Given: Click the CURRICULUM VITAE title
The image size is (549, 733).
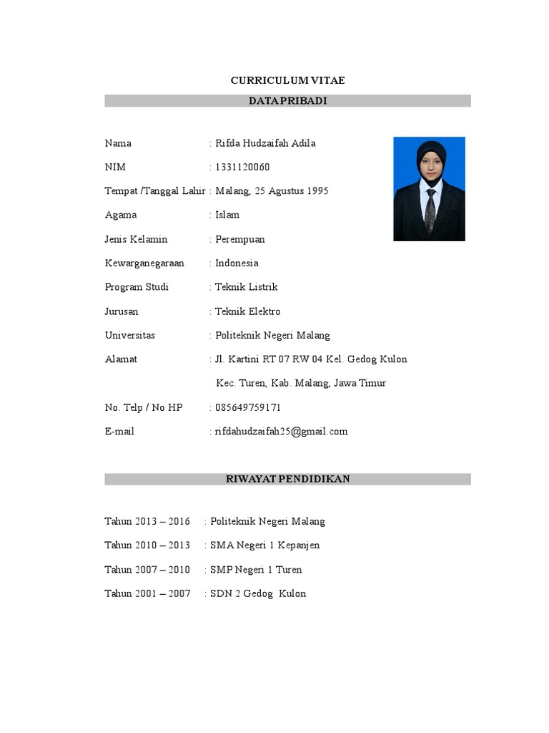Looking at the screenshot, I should click(x=287, y=80).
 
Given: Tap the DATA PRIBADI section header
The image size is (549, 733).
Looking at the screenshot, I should click(x=287, y=101).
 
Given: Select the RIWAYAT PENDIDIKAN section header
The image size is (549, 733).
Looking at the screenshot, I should click(x=287, y=479).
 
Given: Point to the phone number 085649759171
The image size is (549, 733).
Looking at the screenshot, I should click(x=248, y=407).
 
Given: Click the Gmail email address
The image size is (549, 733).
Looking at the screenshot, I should click(x=281, y=431).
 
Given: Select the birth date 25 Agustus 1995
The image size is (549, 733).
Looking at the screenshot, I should click(x=290, y=191).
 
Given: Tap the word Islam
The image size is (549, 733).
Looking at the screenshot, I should click(x=227, y=215).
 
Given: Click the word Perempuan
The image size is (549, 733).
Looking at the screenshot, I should click(x=240, y=239).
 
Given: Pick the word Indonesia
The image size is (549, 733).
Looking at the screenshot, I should click(x=237, y=263).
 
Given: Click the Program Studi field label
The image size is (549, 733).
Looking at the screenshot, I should click(x=137, y=287).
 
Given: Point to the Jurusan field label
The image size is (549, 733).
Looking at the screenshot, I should click(x=122, y=311).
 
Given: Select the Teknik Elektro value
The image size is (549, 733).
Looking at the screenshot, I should click(x=248, y=311).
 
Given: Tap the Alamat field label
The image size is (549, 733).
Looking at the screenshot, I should click(x=121, y=359).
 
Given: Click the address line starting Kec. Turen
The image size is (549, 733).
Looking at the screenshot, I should click(x=301, y=383).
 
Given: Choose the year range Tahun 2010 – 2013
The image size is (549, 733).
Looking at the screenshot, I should click(x=147, y=545).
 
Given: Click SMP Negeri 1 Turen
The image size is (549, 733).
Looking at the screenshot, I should click(x=256, y=569).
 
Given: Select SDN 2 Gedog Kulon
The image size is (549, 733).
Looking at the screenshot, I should click(x=257, y=593).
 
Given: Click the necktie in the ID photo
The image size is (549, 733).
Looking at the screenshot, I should click(x=430, y=210).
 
